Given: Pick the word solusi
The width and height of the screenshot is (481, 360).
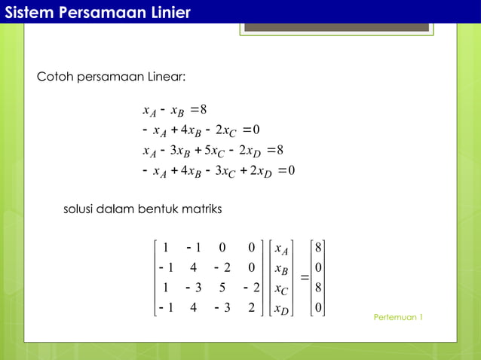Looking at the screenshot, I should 79,208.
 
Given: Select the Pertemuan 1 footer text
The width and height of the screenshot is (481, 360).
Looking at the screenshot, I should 397,317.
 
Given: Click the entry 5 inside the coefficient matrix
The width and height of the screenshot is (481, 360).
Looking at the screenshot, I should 222,287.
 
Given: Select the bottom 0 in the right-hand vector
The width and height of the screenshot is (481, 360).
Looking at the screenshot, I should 319,307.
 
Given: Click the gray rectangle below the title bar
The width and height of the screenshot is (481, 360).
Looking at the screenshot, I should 336,27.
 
